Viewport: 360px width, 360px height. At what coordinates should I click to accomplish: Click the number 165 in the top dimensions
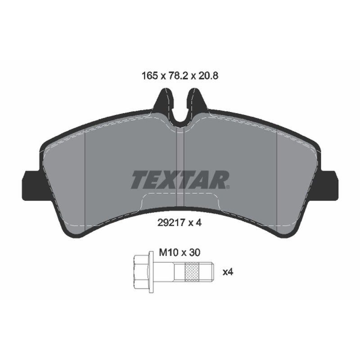coord(150,76)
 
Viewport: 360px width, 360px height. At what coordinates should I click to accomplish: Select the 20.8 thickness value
coord(208,76)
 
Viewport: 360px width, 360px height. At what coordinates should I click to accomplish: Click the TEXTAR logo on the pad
coord(180,180)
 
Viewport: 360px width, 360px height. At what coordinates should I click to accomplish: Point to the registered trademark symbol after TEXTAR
coord(228,187)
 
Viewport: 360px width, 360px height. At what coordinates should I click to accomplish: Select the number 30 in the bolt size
coord(195,252)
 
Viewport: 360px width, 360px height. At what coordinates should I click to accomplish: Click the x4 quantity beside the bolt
coord(228,272)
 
